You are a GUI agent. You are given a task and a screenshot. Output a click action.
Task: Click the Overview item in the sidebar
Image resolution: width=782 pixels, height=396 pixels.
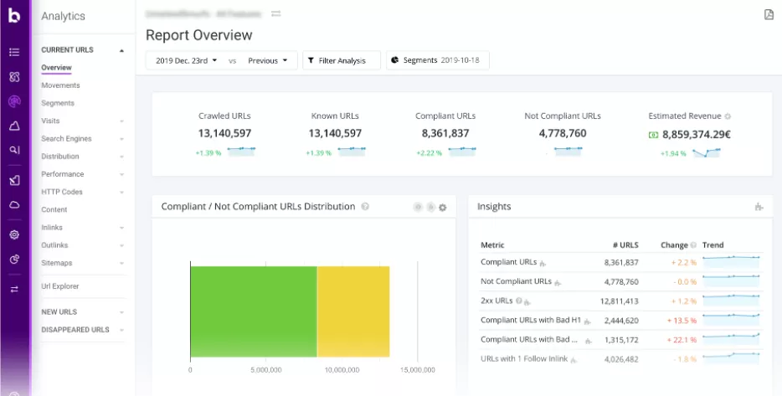click(x=56, y=68)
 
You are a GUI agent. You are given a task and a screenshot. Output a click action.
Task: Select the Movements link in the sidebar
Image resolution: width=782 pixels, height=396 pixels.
click(x=60, y=85)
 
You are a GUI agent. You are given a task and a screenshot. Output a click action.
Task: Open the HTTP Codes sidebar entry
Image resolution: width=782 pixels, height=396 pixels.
click(x=62, y=192)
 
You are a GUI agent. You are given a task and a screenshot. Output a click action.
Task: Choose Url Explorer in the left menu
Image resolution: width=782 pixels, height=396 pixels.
click(x=59, y=286)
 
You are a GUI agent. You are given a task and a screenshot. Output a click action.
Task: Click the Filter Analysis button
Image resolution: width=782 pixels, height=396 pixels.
click(x=342, y=60)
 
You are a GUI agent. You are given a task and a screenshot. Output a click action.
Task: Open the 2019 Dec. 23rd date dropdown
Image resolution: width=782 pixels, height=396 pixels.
click(x=186, y=60)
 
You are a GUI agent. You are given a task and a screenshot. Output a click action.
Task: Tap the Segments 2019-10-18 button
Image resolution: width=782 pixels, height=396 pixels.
click(x=438, y=60)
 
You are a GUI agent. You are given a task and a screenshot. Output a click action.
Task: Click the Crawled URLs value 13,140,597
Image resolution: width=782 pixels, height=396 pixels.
click(x=225, y=133)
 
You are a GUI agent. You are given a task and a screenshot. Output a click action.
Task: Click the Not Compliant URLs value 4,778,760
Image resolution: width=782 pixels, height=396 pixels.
click(x=563, y=133)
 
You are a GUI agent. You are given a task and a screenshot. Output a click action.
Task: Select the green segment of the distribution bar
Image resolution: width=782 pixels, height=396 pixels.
click(x=253, y=311)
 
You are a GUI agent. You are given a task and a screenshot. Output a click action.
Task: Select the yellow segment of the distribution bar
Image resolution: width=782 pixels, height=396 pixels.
click(x=353, y=311)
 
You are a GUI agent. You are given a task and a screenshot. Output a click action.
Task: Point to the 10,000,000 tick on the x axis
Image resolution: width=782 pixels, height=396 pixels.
click(x=342, y=369)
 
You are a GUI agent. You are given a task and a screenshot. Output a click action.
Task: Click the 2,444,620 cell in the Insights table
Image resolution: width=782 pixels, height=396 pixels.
click(x=620, y=320)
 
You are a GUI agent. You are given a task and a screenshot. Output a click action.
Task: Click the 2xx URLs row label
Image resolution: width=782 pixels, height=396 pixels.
click(x=496, y=301)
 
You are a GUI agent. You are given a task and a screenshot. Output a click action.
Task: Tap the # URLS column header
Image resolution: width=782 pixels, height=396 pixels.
click(x=625, y=245)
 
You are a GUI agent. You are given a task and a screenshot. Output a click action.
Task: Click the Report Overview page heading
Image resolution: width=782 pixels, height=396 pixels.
click(x=198, y=35)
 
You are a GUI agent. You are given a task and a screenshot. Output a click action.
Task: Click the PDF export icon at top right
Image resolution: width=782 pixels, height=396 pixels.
click(x=769, y=14)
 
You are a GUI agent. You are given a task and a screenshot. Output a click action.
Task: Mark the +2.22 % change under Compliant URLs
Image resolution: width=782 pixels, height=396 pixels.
click(x=429, y=153)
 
